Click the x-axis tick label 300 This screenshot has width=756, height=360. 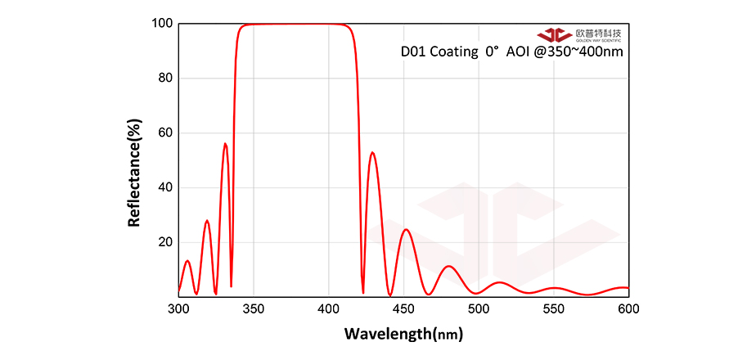pos(178,309)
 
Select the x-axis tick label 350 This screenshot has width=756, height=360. pos(254,309)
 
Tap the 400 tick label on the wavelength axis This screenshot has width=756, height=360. pos(329,309)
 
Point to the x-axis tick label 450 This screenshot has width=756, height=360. pos(403,309)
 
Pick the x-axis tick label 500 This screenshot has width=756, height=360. pos(479,309)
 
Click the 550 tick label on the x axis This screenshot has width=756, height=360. pos(554,309)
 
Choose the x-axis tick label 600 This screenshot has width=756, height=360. pos(628,309)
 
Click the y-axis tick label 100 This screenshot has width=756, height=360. pos(161,24)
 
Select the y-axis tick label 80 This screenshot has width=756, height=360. pos(164,79)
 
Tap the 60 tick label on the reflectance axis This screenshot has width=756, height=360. pos(164,133)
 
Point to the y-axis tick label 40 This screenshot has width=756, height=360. pos(164,188)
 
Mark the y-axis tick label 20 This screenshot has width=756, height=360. pos(164,242)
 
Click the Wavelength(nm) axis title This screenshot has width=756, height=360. pos(404,334)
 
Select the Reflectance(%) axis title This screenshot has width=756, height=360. pos(135,173)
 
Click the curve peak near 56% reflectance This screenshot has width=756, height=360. pos(225,144)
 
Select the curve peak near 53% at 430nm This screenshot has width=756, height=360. pos(372,152)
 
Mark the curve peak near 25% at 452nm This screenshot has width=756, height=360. pos(405,229)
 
